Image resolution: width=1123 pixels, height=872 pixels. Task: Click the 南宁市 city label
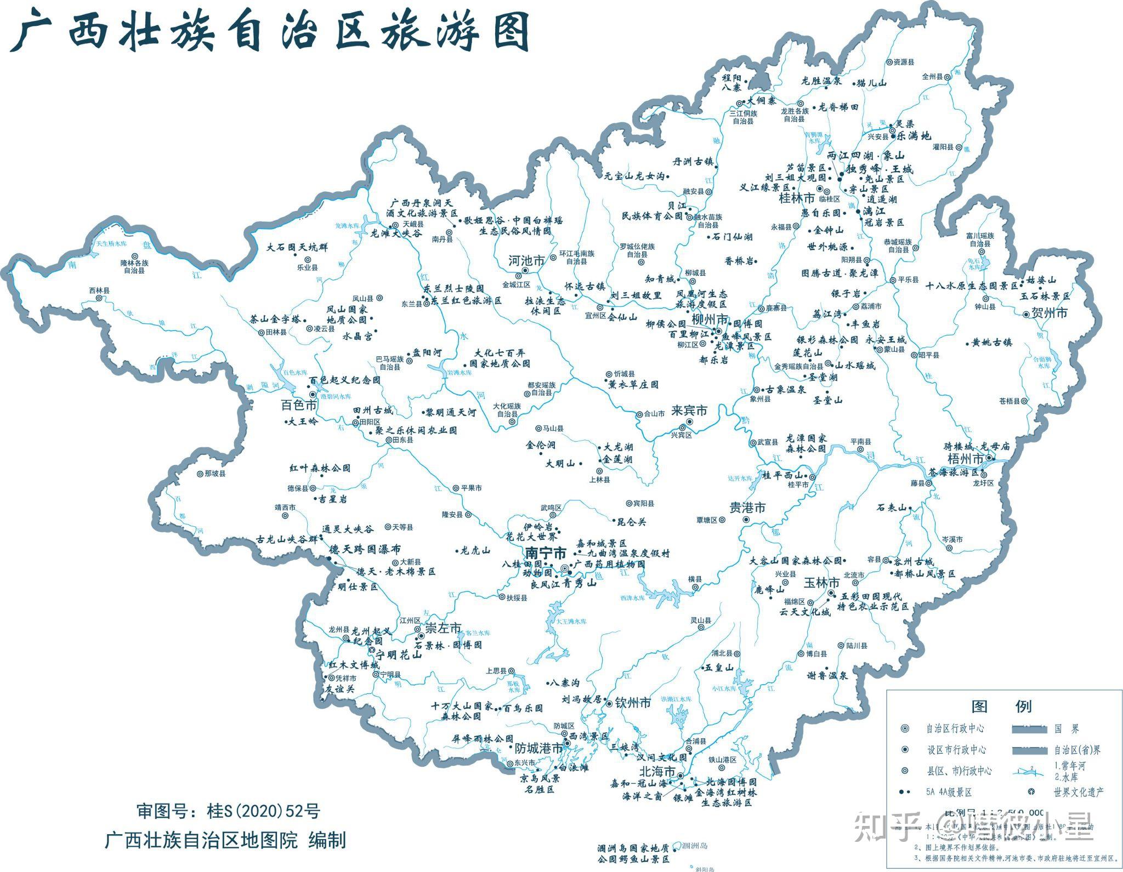click(x=545, y=552)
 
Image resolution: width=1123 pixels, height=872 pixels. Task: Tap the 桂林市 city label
click(x=797, y=198)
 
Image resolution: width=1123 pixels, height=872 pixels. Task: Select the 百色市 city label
click(x=299, y=406)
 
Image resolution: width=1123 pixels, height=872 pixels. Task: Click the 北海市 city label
click(x=658, y=771)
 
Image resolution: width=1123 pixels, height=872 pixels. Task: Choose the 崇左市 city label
click(x=443, y=628)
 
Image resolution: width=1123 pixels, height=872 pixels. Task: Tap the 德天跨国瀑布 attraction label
click(x=365, y=549)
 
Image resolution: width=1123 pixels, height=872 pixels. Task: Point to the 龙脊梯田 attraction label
click(x=838, y=107)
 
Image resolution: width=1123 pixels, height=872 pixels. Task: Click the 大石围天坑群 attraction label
click(x=297, y=247)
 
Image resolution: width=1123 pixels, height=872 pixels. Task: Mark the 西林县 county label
click(x=99, y=290)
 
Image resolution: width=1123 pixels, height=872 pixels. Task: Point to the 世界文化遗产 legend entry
click(x=1078, y=792)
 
